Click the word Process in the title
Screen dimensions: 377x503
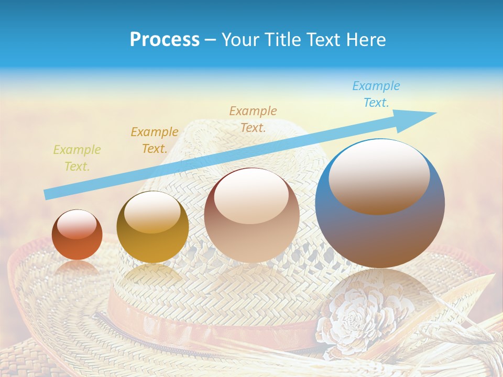coord(165,40)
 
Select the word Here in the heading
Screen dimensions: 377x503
coord(366,40)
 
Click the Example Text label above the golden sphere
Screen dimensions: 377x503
coord(154,140)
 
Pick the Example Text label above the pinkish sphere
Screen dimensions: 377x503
coord(253,119)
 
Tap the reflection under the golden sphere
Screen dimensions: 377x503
coord(152,274)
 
